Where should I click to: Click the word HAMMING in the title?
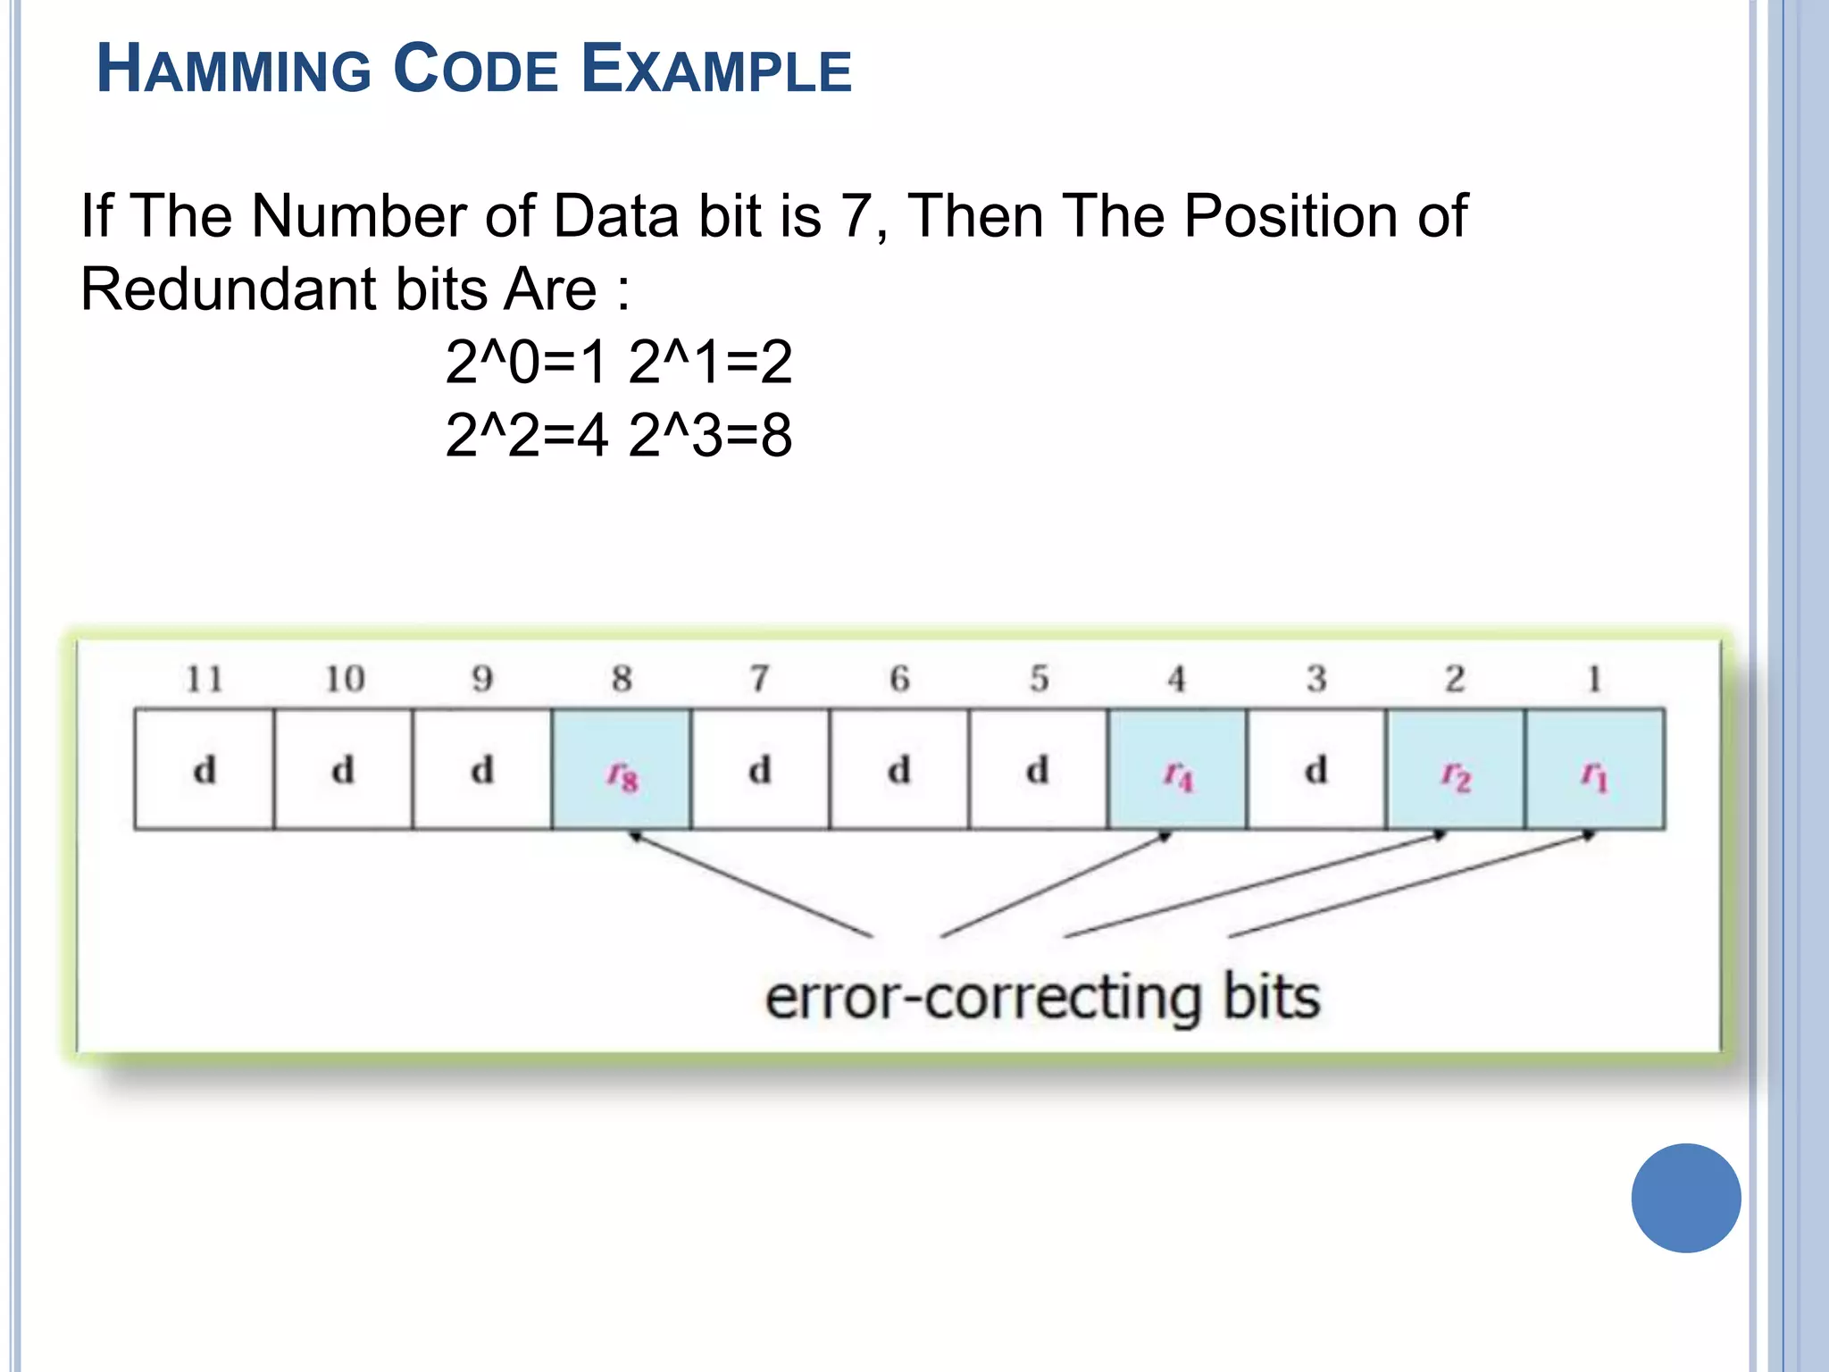234,70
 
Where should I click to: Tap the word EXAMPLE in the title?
716,70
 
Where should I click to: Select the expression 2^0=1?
526,363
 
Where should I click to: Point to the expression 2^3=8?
710,436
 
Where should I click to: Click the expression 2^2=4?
526,436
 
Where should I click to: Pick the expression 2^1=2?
710,363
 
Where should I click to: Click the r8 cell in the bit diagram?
622,770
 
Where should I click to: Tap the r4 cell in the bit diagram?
1177,770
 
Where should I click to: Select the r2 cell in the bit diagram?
1455,770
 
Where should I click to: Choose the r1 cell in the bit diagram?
1594,770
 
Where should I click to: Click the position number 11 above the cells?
205,680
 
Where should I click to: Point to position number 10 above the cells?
344,680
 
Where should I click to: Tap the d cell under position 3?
1316,770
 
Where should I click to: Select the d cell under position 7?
760,770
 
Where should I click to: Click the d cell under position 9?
482,770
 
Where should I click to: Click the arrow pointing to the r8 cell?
750,884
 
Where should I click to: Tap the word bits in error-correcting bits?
1271,998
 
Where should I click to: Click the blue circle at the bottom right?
1685,1198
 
